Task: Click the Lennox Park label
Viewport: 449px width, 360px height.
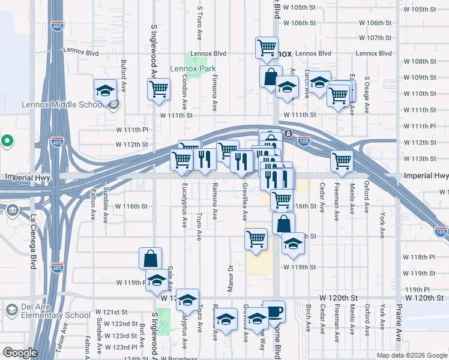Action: [x=192, y=68]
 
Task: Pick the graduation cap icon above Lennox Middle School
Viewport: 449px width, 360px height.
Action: [x=105, y=91]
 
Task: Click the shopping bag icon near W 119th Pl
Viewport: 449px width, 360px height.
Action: [x=150, y=259]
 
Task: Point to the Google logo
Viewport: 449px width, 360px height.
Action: [x=20, y=353]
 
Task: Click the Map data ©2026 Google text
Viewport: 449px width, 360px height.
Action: [x=411, y=355]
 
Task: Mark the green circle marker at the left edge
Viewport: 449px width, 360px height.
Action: [x=7, y=142]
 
